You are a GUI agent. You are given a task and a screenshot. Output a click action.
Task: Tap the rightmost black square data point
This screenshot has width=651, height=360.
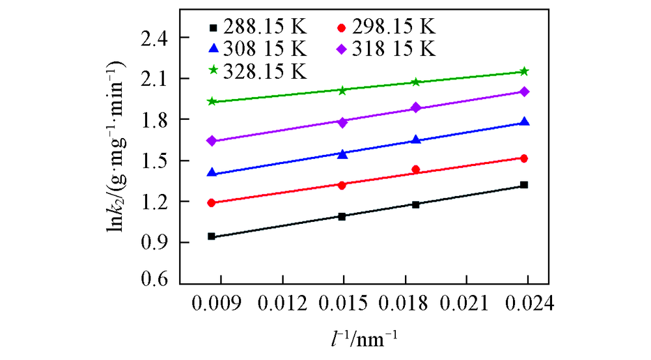coord(524,185)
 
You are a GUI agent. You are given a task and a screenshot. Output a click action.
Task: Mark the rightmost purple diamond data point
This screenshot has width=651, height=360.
coord(524,92)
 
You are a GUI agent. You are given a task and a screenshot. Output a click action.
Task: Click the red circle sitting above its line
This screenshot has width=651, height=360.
coord(416,169)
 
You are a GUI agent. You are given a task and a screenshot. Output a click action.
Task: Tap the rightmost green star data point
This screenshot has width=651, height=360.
coord(524,71)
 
